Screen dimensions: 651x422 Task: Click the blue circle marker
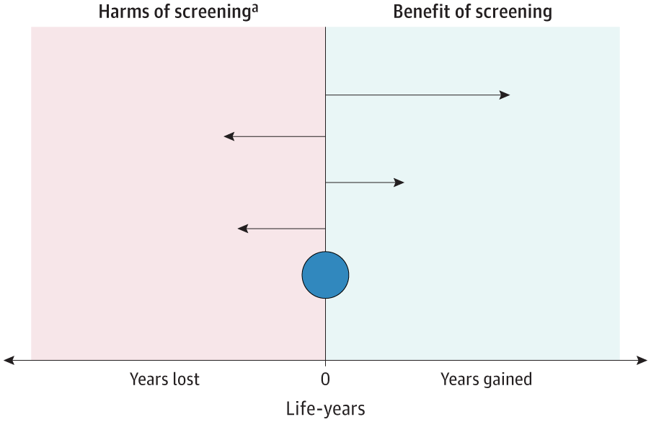326,275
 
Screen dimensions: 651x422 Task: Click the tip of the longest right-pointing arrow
510,95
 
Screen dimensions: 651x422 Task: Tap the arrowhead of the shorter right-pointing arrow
399,183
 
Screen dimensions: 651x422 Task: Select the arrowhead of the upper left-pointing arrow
229,136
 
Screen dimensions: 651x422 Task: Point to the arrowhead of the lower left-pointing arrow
242,229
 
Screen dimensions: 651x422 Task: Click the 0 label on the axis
326,379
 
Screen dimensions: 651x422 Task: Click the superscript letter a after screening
254,8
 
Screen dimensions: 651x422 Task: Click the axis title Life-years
326,409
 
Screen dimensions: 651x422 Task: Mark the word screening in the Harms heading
212,12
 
